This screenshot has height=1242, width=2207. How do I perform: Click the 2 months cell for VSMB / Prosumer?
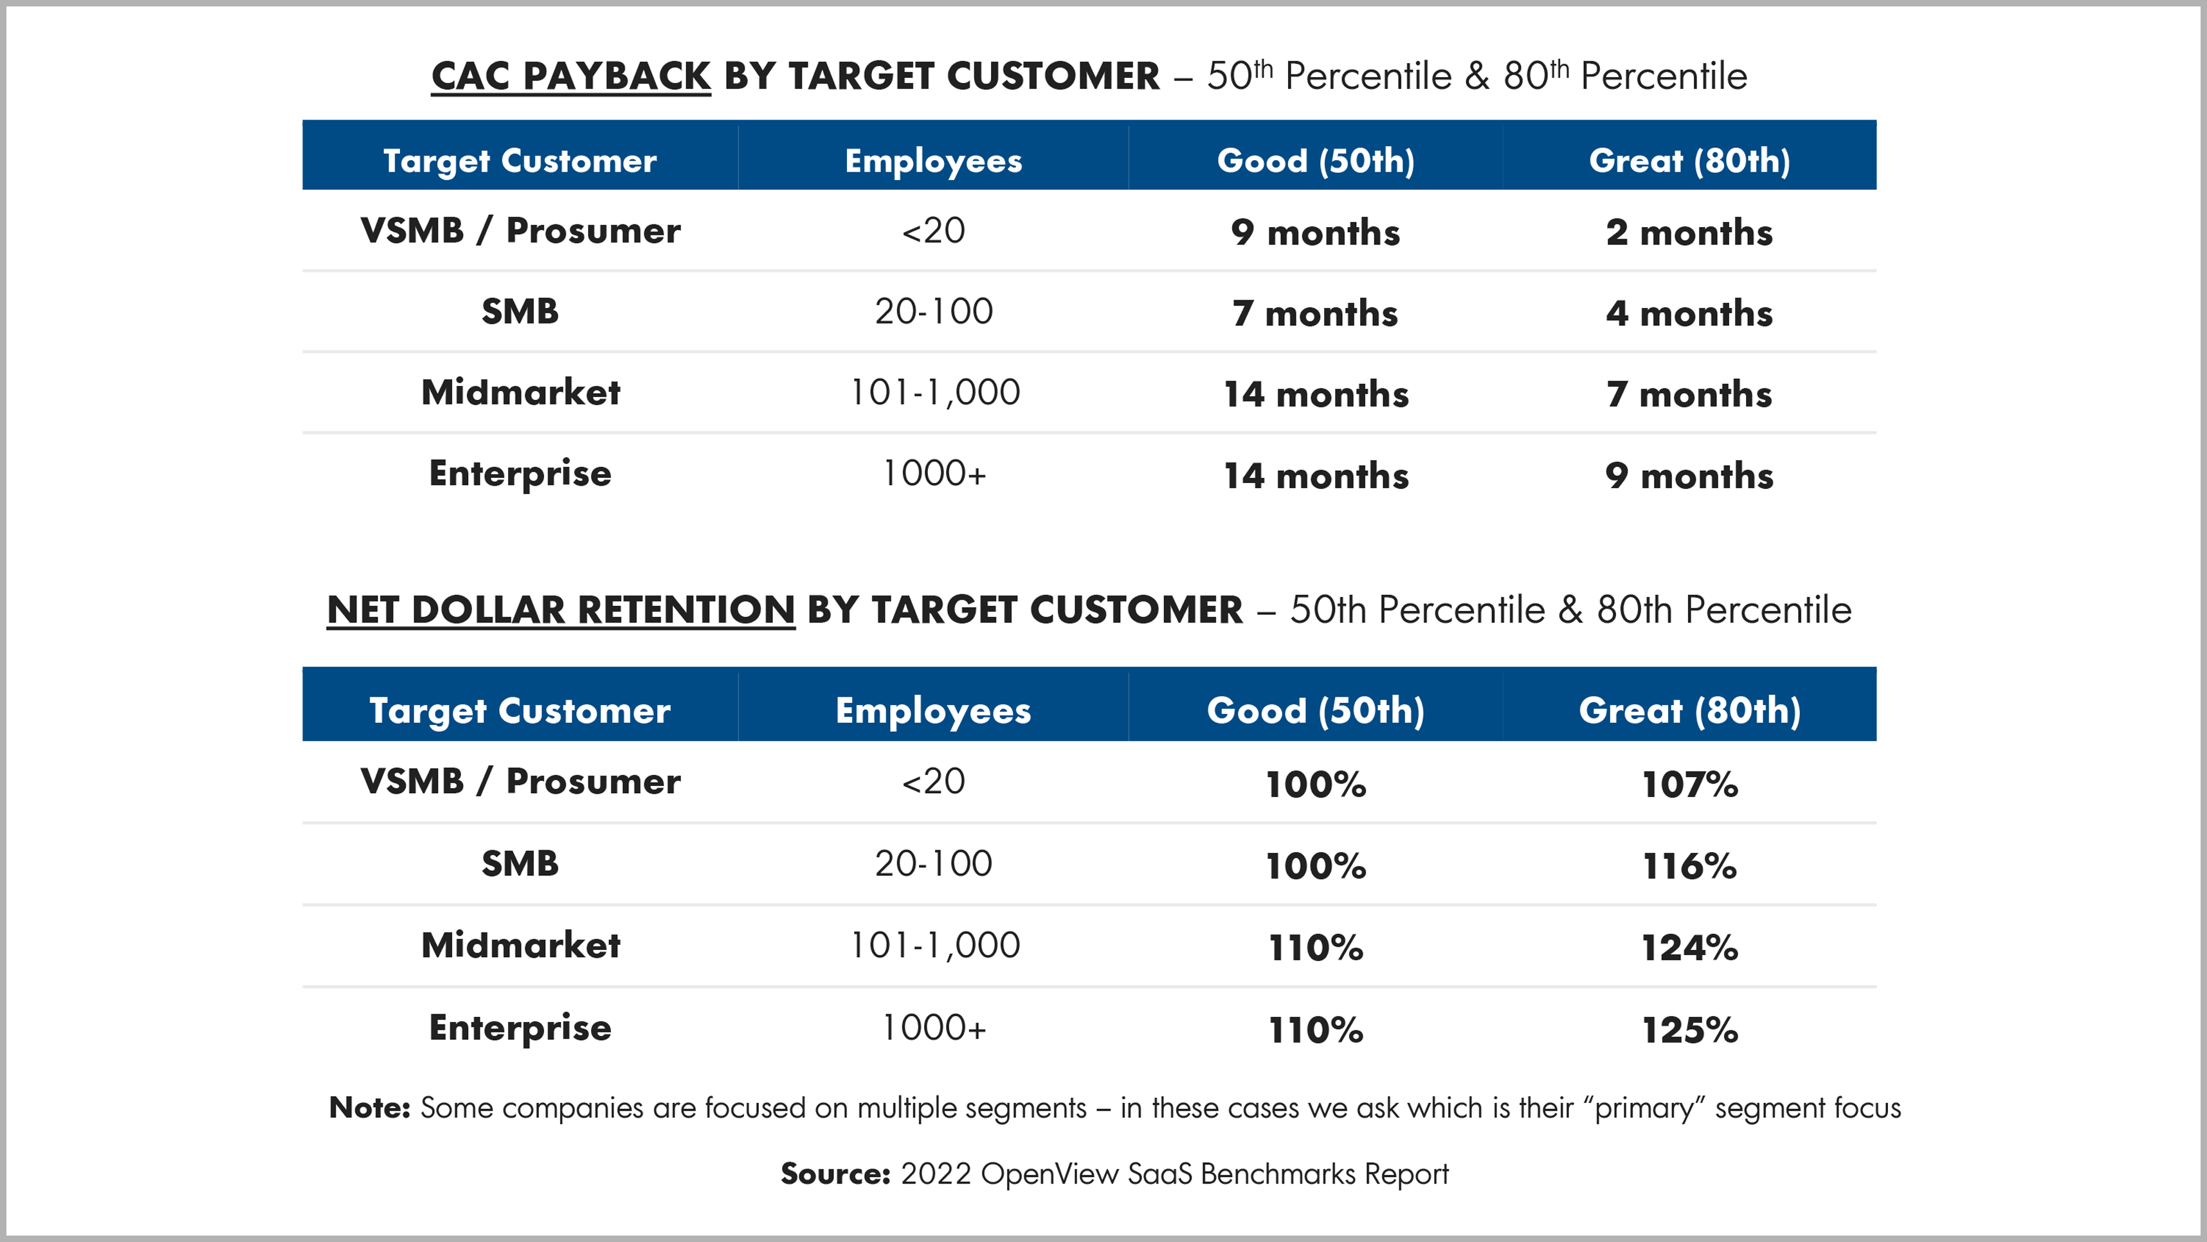pos(1689,232)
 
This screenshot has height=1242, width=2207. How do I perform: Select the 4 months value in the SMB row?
pos(1689,313)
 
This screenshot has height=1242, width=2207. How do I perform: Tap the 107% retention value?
pos(1689,784)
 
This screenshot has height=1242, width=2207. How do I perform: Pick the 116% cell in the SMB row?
pos(1689,866)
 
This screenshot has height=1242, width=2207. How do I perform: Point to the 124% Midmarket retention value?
pos(1689,947)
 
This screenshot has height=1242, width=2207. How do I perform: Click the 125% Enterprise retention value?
pos(1689,1030)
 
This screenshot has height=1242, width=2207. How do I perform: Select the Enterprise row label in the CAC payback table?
pos(520,474)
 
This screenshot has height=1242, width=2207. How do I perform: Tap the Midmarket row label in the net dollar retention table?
pos(521,945)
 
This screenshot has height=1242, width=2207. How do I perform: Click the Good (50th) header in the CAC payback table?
pos(1316,160)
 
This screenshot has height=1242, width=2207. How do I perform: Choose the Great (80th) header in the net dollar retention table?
pos(1689,711)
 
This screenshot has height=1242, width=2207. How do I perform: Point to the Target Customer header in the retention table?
pos(520,711)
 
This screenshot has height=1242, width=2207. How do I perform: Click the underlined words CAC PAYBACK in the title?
pos(570,77)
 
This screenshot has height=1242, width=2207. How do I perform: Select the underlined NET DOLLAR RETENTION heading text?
pos(561,610)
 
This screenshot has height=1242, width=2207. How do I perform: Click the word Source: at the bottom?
pos(835,1173)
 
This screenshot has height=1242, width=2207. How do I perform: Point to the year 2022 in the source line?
pos(936,1173)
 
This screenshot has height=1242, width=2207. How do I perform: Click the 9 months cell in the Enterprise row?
pos(1689,476)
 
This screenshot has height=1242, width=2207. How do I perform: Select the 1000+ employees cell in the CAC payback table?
pos(934,473)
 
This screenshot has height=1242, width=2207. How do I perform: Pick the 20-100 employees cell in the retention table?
pos(934,863)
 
